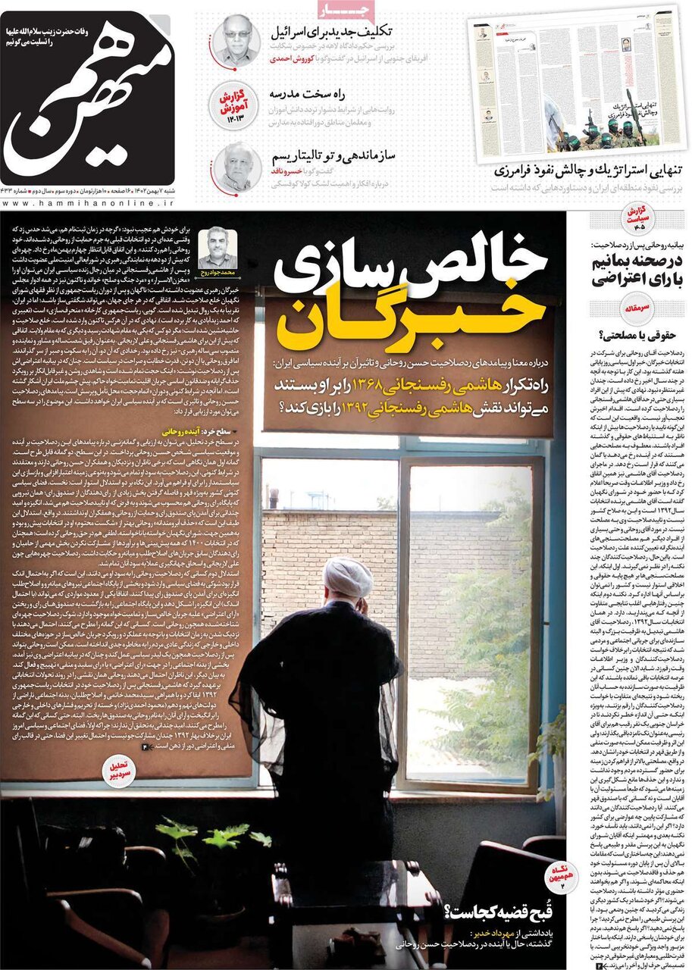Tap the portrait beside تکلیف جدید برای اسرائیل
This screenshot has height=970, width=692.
pos(236,39)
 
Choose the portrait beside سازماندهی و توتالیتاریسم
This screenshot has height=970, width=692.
pos(236,167)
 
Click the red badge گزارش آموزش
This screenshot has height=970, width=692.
pos(236,105)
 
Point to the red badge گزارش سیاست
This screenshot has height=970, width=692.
pos(638,217)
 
